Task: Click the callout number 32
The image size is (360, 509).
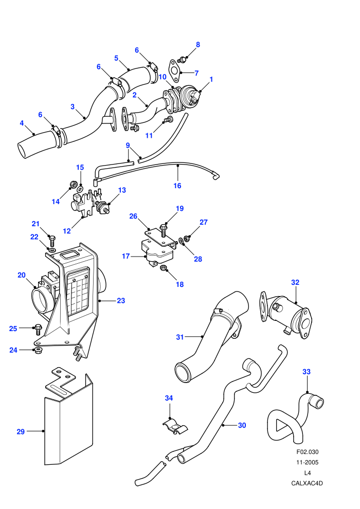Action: pos(295,282)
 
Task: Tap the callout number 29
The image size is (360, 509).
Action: pos(21,431)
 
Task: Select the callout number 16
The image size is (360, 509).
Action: pos(177,186)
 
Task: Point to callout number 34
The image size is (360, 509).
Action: pos(169,398)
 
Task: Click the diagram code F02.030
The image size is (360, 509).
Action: pos(308,451)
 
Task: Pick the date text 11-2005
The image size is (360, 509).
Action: pos(308,462)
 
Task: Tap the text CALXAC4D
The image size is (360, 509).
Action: pos(307,483)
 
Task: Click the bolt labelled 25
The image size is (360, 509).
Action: pos(38,330)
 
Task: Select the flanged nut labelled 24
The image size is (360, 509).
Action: pos(38,351)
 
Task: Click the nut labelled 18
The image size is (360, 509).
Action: pos(164,268)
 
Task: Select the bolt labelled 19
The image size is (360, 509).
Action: pos(163,231)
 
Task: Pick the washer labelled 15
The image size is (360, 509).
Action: pos(79,189)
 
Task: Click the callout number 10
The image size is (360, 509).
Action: pos(163,77)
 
